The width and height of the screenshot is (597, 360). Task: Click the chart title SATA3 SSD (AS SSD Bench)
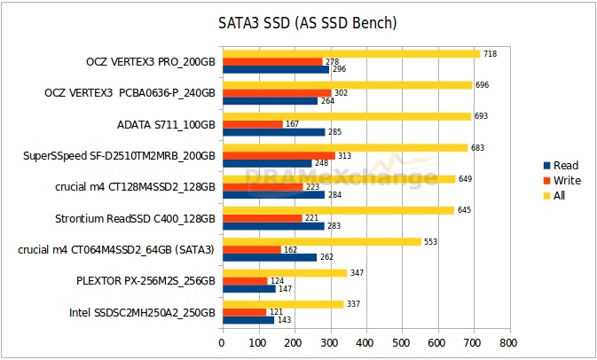pos(307,23)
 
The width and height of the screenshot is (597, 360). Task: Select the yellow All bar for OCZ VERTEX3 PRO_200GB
pos(351,54)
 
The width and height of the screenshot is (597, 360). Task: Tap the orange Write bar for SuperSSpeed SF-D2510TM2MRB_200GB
pos(279,156)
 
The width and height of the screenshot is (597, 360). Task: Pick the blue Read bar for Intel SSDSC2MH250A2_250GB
pos(248,320)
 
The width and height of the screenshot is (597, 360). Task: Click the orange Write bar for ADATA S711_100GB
pos(253,124)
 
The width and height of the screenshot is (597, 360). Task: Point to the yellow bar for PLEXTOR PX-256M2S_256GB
pos(285,273)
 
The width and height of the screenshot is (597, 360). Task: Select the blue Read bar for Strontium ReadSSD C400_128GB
pos(273,226)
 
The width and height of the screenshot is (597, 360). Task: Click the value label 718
pos(490,54)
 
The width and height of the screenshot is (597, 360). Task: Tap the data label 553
pos(430,242)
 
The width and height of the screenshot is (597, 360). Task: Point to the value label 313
pos(344,156)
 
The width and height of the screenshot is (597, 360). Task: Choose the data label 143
pos(284,320)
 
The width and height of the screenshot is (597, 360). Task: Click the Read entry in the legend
pos(561,166)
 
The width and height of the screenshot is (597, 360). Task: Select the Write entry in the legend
pos(562,180)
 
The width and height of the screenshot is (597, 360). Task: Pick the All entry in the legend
pos(554,196)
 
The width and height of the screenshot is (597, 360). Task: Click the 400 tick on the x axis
pos(366,343)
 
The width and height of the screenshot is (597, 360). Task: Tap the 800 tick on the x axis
pos(508,343)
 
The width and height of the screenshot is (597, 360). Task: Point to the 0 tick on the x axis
pos(222,343)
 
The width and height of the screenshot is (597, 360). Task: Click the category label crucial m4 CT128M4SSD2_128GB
pos(135,187)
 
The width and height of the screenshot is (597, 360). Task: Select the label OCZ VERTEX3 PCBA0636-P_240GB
pos(130,93)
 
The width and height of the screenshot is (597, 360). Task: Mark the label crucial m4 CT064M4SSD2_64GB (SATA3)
pos(116,250)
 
